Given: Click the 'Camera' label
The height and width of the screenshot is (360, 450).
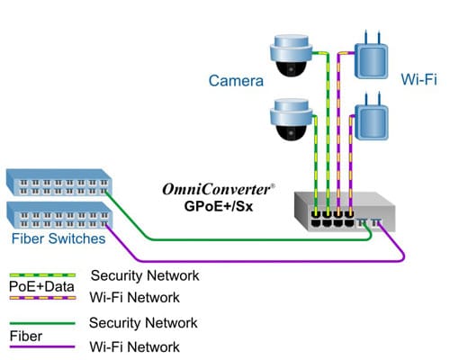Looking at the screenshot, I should point(236,81).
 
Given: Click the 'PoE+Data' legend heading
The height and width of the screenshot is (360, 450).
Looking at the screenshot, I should point(35,286).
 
